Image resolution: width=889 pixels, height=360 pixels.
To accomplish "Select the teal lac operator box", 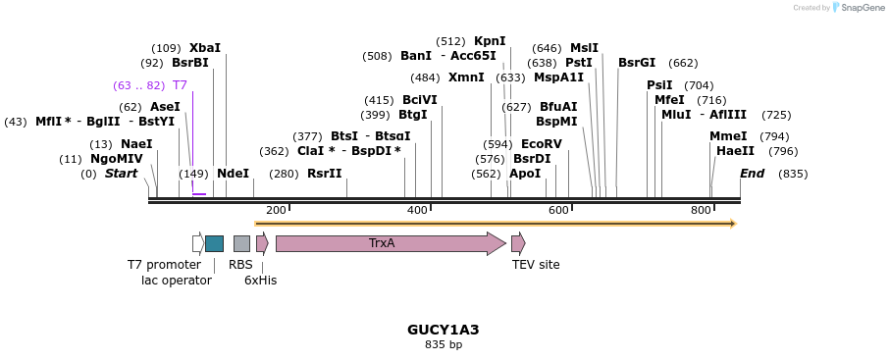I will pyautogui.click(x=214, y=243).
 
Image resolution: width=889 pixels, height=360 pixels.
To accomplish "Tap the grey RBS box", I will pyautogui.click(x=241, y=243).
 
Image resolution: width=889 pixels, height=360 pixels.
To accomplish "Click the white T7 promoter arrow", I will pyautogui.click(x=198, y=243).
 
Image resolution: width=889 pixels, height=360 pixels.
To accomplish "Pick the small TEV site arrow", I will pyautogui.click(x=518, y=243).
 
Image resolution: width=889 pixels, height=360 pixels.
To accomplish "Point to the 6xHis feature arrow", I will pyautogui.click(x=262, y=243).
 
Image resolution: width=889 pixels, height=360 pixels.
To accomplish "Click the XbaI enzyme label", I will pyautogui.click(x=205, y=48).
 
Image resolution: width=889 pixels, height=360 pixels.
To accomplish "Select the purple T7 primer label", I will pyautogui.click(x=180, y=85).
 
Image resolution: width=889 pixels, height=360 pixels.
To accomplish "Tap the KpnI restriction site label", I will pyautogui.click(x=490, y=41).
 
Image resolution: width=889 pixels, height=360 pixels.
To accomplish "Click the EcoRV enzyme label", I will pyautogui.click(x=542, y=144).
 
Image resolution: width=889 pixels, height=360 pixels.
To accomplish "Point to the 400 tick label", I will pyautogui.click(x=417, y=211).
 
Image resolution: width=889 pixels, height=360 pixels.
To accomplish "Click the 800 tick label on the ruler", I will pyautogui.click(x=701, y=211).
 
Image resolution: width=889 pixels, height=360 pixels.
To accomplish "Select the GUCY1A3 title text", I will pyautogui.click(x=444, y=330).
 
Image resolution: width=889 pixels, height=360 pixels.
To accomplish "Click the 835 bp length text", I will pyautogui.click(x=444, y=345).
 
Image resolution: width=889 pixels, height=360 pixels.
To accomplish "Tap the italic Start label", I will pyautogui.click(x=121, y=174).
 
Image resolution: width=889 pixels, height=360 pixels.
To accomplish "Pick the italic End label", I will pyautogui.click(x=752, y=174).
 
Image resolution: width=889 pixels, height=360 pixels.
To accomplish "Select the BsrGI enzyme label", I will pyautogui.click(x=637, y=63).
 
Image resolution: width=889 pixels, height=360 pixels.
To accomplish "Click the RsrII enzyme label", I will pyautogui.click(x=325, y=174).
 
